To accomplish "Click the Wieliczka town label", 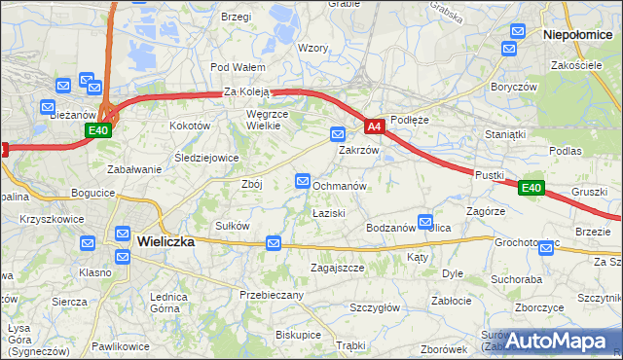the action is [x=165, y=241].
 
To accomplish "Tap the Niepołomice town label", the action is [x=580, y=33].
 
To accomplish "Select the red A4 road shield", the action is [x=376, y=126].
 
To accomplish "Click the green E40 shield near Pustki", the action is [x=530, y=188].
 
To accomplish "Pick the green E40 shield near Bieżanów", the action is [x=97, y=130].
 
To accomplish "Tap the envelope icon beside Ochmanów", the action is [x=303, y=182].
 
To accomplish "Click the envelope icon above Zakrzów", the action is [x=338, y=133].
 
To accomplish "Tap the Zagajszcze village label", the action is [x=337, y=268].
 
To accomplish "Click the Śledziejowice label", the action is [x=206, y=158].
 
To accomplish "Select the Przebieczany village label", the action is [x=273, y=294].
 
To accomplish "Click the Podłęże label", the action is [x=409, y=120].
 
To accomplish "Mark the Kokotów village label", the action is [x=190, y=126].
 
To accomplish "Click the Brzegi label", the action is [x=237, y=18].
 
